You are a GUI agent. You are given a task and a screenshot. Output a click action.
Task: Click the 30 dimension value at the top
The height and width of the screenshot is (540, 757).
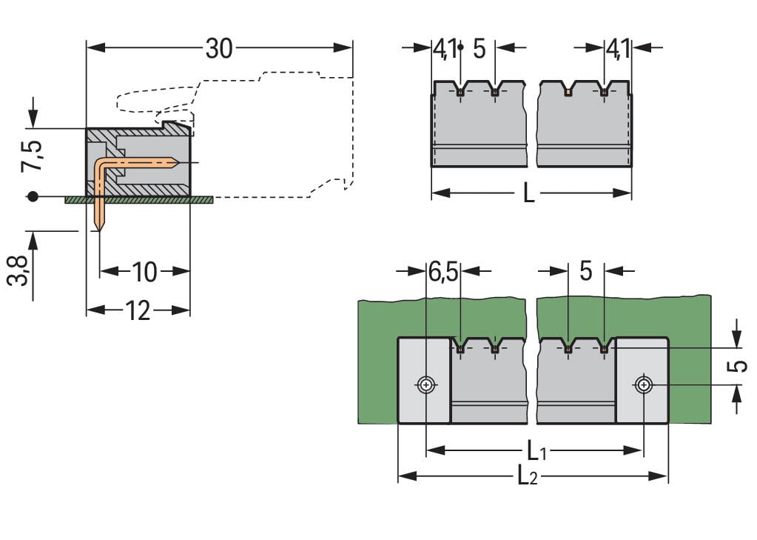[219, 49]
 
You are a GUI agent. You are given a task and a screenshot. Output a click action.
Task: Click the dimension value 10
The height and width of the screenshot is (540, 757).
[145, 272]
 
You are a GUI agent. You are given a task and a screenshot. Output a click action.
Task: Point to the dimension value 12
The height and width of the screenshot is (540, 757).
[138, 310]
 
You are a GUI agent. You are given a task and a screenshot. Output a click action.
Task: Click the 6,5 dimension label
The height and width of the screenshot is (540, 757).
[443, 272]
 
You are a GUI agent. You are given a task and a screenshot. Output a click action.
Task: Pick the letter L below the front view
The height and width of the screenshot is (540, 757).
[528, 193]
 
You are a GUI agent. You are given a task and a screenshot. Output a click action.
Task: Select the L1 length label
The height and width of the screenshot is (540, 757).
[536, 450]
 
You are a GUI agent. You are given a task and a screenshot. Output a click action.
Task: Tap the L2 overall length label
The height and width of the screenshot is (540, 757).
[528, 476]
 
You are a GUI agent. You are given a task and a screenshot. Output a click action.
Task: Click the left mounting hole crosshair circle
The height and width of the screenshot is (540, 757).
[426, 384]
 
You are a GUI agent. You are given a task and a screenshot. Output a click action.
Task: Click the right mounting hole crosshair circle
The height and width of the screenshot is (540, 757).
[644, 384]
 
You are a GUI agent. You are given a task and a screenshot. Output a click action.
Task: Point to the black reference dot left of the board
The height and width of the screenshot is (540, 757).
[32, 197]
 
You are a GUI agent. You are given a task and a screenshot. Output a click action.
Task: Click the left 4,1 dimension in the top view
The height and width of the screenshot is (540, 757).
[444, 49]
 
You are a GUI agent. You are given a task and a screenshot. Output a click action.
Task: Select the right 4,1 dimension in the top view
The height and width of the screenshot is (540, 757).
[618, 49]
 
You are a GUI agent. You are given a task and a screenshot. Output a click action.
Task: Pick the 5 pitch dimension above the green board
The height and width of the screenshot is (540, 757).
[585, 272]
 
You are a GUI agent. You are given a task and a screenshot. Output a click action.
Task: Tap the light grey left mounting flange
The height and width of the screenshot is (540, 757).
[425, 380]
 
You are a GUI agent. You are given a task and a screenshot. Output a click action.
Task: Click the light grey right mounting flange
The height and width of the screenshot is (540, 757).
[642, 380]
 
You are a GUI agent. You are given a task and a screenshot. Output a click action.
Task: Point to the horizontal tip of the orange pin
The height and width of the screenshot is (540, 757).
[178, 161]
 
